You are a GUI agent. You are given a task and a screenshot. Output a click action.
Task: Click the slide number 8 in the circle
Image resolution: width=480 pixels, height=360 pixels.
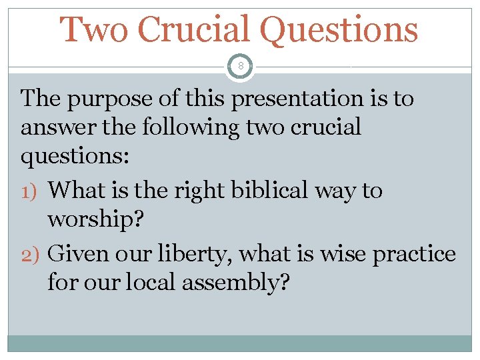coord(240,67)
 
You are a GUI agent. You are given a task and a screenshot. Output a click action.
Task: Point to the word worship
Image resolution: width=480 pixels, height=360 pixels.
coord(91,220)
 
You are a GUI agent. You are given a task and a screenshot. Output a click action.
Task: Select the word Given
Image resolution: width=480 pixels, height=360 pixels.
coord(77,254)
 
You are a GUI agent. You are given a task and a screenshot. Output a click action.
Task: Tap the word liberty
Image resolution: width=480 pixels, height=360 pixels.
coord(193,254)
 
